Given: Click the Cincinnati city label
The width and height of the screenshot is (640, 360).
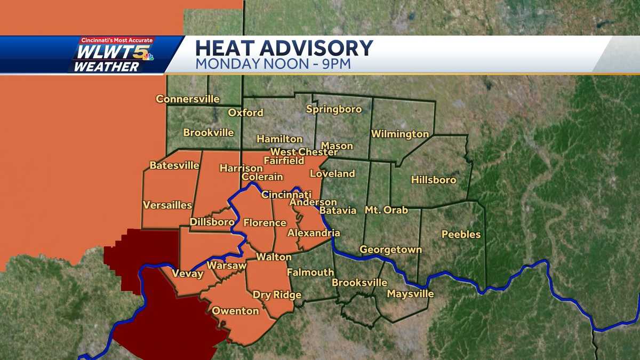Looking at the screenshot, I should pyautogui.click(x=286, y=195).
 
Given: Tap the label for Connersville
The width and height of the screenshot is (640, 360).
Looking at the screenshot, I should pyautogui.click(x=187, y=99).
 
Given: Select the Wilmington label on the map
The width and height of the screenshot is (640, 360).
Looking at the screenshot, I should pyautogui.click(x=400, y=134).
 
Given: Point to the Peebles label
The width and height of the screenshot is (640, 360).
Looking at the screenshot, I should pyautogui.click(x=461, y=234).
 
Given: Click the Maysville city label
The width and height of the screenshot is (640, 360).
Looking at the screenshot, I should pyautogui.click(x=410, y=294).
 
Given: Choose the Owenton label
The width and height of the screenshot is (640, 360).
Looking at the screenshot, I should pyautogui.click(x=235, y=311).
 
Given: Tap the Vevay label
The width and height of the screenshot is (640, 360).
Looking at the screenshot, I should pyautogui.click(x=187, y=274).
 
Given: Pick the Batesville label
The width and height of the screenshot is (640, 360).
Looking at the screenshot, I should pyautogui.click(x=174, y=165).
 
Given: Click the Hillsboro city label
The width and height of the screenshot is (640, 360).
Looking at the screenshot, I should pyautogui.click(x=434, y=180).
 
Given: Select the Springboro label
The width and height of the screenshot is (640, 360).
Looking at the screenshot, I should pyautogui.click(x=334, y=109).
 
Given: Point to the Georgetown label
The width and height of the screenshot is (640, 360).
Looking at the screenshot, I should pyautogui.click(x=390, y=250).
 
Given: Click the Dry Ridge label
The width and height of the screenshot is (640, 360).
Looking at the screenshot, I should pyautogui.click(x=277, y=295).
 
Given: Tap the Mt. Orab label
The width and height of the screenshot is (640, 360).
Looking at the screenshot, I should pyautogui.click(x=386, y=210).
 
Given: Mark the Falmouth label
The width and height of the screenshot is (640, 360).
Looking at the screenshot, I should pyautogui.click(x=310, y=273).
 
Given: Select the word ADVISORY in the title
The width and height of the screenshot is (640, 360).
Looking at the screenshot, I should pyautogui.click(x=317, y=49).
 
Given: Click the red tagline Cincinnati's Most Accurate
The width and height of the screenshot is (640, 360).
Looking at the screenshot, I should pyautogui.click(x=116, y=41).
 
